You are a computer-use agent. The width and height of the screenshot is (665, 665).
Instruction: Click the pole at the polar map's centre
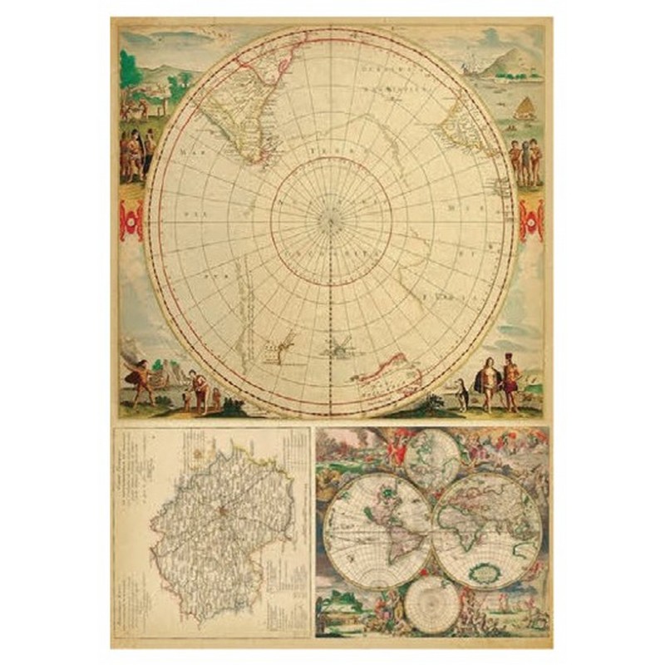point(331,221)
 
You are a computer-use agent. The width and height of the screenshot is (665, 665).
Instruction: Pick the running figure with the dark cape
point(139,378)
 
